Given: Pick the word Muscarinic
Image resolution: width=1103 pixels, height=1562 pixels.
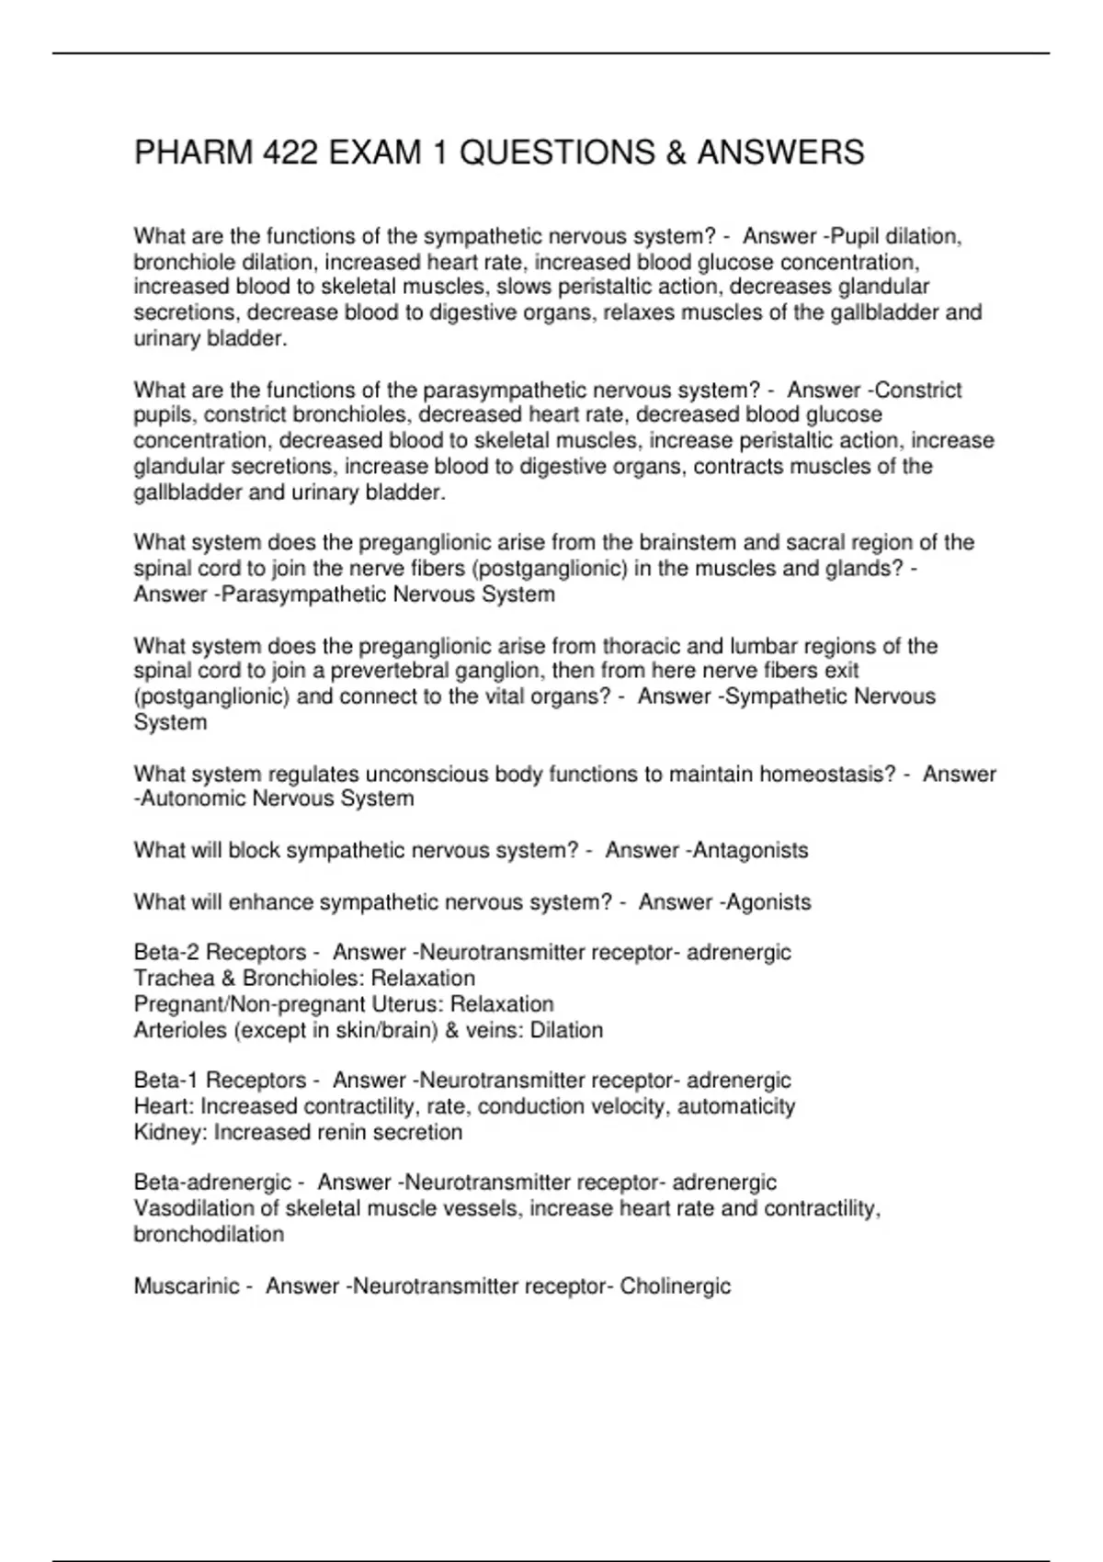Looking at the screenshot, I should point(188,1286).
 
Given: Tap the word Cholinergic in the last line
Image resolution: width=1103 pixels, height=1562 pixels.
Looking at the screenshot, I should point(676,1286).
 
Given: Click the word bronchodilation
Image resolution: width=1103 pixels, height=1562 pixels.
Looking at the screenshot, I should point(209,1234).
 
